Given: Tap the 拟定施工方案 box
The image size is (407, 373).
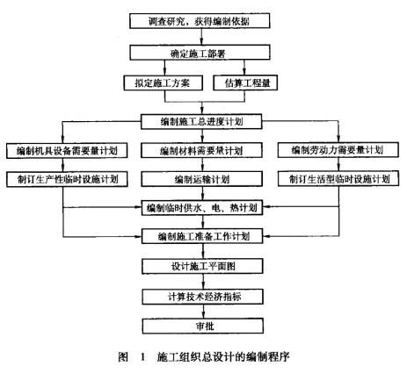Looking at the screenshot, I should coord(162,84).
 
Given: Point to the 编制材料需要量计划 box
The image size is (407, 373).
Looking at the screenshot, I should coord(201,152).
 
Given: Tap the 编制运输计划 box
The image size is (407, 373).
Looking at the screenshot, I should coord(201,179).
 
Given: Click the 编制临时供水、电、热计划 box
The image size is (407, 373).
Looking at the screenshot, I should coord(201,208).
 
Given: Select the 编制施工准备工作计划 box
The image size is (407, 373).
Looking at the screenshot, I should coord(201,237).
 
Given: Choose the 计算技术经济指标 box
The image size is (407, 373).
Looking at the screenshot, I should coord(201,297).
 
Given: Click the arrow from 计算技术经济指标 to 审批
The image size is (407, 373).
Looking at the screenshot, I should coord(201,311).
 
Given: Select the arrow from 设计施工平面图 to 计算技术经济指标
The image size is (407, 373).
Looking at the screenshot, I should coord(201,282).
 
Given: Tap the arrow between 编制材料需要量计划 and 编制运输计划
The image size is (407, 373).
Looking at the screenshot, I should coord(201,166).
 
